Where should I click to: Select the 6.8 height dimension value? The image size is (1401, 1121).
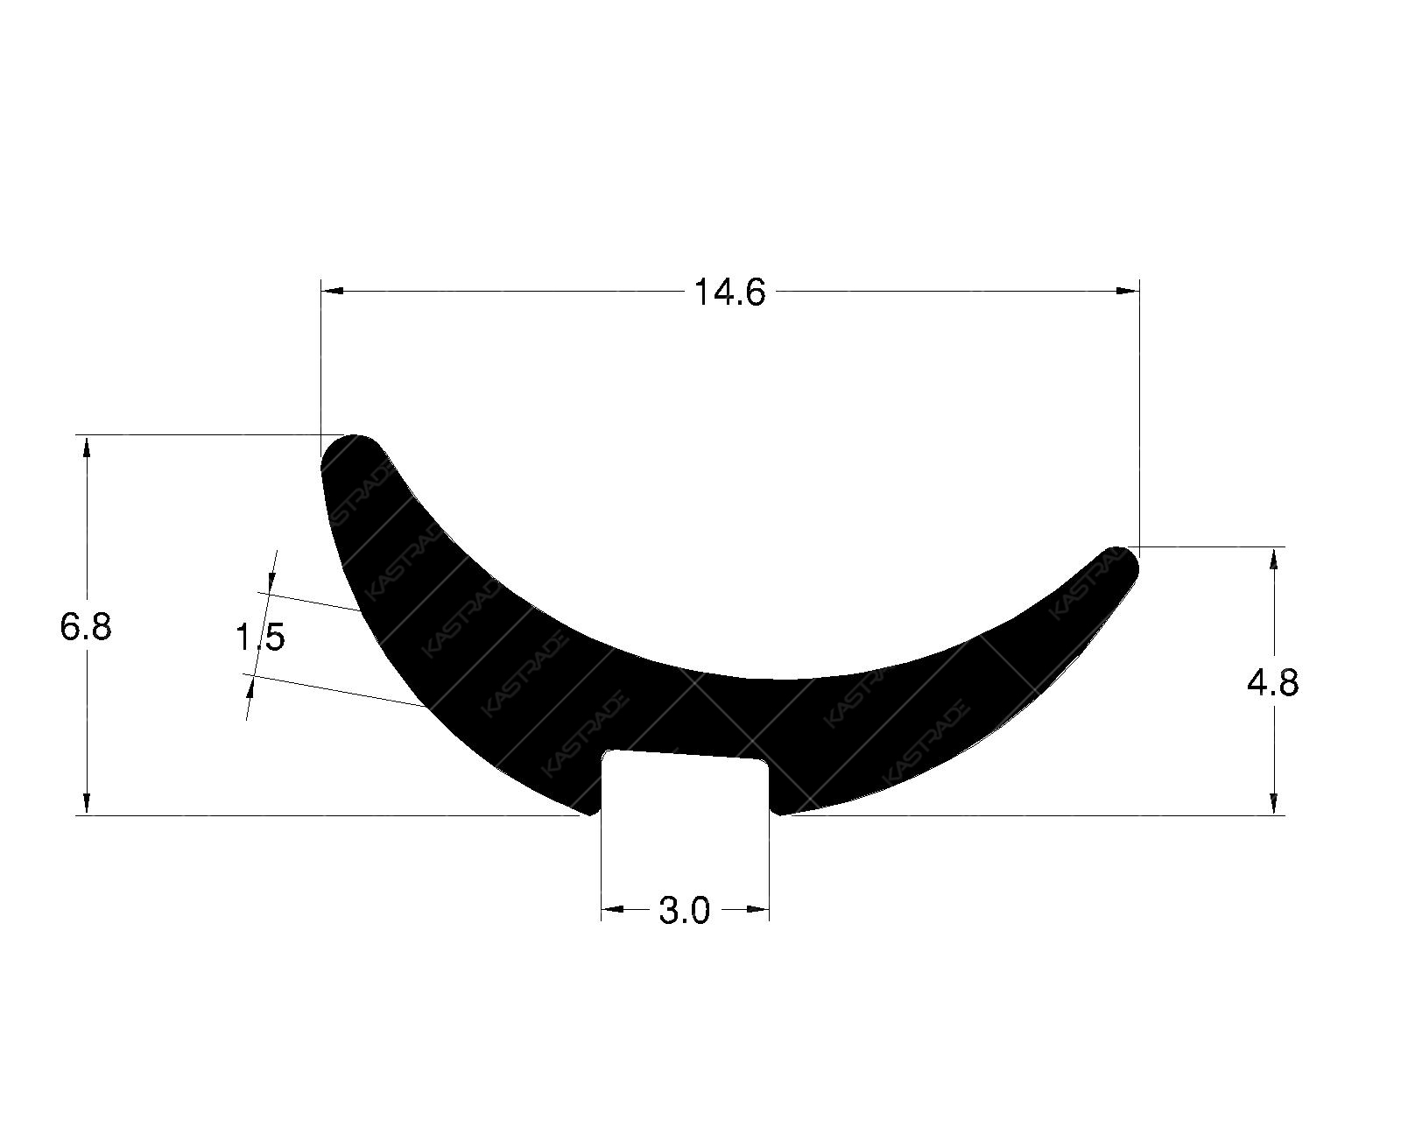pyautogui.click(x=86, y=627)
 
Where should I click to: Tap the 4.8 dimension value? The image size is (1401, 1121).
pyautogui.click(x=1272, y=682)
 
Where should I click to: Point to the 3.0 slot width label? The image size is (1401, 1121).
pyautogui.click(x=684, y=912)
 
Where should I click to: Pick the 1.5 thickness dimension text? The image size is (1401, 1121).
pyautogui.click(x=259, y=638)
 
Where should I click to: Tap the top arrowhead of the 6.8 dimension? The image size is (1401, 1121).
pyautogui.click(x=86, y=446)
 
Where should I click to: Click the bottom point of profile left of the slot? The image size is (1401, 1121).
pyautogui.click(x=588, y=812)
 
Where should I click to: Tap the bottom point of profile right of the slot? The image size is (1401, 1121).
pyautogui.click(x=782, y=813)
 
